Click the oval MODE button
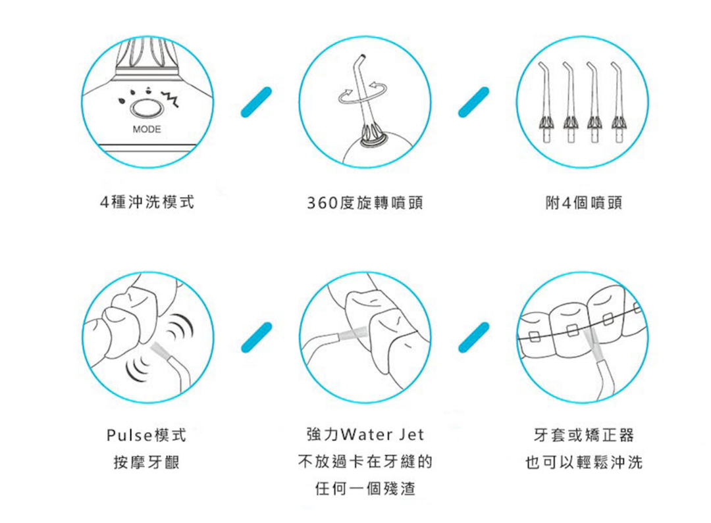click(x=146, y=109)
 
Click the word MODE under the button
click(x=146, y=129)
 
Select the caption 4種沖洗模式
click(x=147, y=202)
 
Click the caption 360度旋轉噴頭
click(x=365, y=203)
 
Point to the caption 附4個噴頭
click(x=583, y=203)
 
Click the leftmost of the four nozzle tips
click(x=546, y=103)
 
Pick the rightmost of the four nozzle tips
click(x=618, y=103)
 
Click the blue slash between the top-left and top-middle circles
click(x=256, y=102)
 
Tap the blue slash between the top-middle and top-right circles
click(x=474, y=102)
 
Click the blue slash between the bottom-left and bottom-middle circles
click(x=256, y=337)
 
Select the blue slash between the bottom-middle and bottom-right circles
click(x=474, y=337)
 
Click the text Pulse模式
click(x=146, y=435)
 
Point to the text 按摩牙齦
click(x=146, y=462)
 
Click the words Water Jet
click(x=382, y=435)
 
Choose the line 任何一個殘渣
click(x=365, y=489)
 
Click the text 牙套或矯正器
click(x=583, y=435)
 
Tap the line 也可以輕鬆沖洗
click(x=583, y=462)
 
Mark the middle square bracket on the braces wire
click(x=573, y=330)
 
